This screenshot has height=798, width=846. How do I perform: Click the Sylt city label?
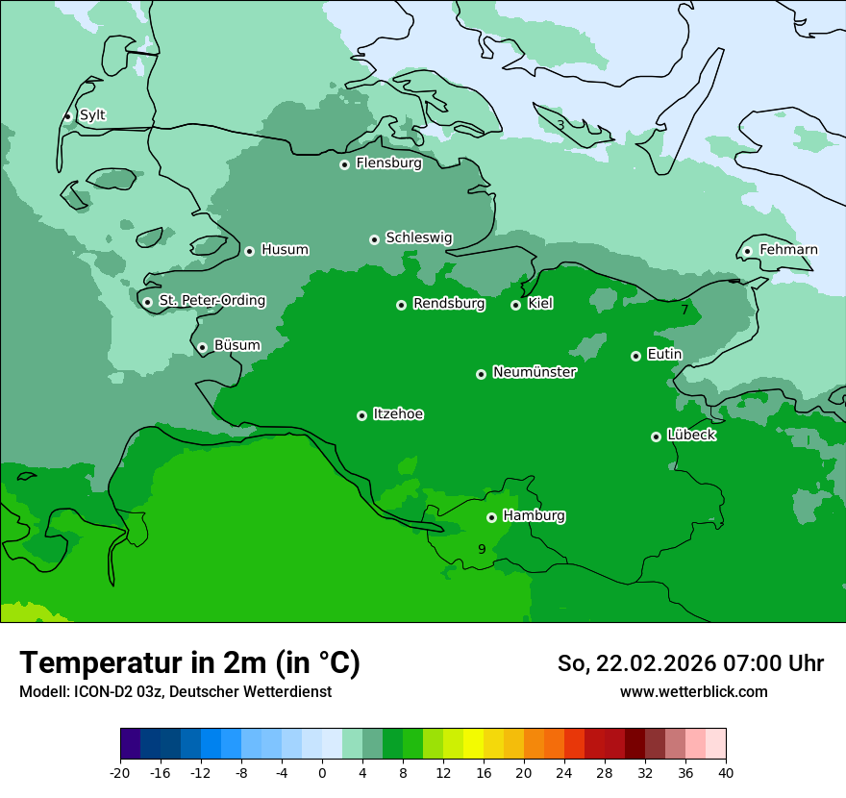tap(92, 115)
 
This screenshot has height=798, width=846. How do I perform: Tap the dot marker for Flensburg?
tap(344, 164)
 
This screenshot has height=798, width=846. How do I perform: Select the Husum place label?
tap(285, 250)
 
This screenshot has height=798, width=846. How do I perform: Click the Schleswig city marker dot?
tap(374, 239)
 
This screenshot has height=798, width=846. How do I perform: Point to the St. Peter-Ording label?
tap(211, 301)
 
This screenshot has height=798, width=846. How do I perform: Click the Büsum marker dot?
tap(202, 348)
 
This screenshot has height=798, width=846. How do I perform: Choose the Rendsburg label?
tap(449, 304)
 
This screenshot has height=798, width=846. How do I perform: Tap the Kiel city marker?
tap(515, 305)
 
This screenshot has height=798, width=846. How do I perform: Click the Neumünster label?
tap(535, 372)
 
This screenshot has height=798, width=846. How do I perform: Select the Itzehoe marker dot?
tap(361, 415)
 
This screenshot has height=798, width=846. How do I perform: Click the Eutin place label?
tap(664, 355)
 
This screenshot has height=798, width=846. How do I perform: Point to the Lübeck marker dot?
tap(656, 436)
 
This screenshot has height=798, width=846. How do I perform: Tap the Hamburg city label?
tap(534, 516)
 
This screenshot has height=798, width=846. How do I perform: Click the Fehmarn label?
tap(788, 250)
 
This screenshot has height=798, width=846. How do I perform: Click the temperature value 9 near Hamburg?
tap(482, 549)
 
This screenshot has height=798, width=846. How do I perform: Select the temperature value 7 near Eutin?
tap(684, 310)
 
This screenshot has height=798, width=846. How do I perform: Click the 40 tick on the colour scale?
tap(726, 773)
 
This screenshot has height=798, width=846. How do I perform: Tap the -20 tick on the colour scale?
tap(120, 773)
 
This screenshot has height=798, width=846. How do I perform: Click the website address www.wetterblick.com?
tap(693, 692)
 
